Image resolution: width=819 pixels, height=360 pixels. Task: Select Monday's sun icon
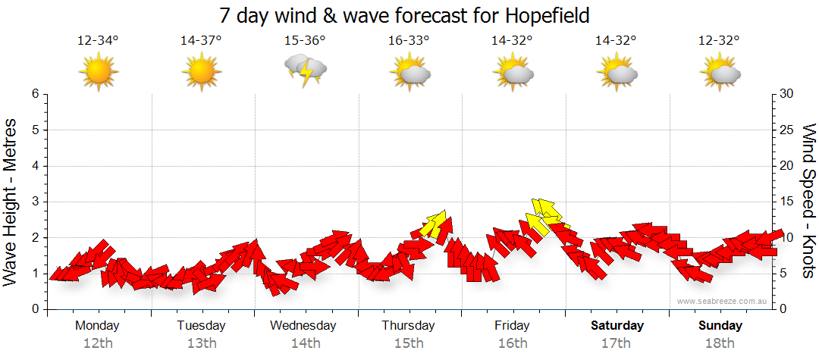pyautogui.click(x=99, y=73)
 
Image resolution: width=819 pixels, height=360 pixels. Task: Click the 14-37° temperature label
pyautogui.click(x=201, y=41)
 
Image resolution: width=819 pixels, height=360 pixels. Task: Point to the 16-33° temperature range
pyautogui.click(x=409, y=41)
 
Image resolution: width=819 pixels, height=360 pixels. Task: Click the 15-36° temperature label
pyautogui.click(x=305, y=41)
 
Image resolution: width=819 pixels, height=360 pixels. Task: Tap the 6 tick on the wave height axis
pyautogui.click(x=35, y=94)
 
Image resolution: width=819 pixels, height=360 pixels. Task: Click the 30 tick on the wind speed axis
pyautogui.click(x=788, y=94)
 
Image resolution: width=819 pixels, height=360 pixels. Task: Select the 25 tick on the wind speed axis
pyautogui.click(x=788, y=130)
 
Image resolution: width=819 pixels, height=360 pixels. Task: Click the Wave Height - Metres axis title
pyautogui.click(x=11, y=202)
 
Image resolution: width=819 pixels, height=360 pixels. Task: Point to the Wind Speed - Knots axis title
pyautogui.click(x=808, y=202)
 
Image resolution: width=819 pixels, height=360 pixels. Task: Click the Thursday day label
pyautogui.click(x=408, y=326)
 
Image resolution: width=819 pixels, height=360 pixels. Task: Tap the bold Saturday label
pyautogui.click(x=617, y=326)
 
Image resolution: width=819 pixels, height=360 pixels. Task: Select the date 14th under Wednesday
pyautogui.click(x=305, y=343)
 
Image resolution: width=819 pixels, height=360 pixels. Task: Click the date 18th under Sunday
pyautogui.click(x=720, y=343)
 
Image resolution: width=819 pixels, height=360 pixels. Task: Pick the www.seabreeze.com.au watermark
pyautogui.click(x=723, y=301)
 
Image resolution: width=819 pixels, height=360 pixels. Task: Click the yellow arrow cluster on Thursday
pyautogui.click(x=435, y=224)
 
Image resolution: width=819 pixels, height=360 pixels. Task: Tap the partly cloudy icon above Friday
pyautogui.click(x=513, y=73)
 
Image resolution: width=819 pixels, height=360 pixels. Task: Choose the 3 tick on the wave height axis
pyautogui.click(x=35, y=202)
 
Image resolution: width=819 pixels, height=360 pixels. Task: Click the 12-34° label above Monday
pyautogui.click(x=98, y=41)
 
